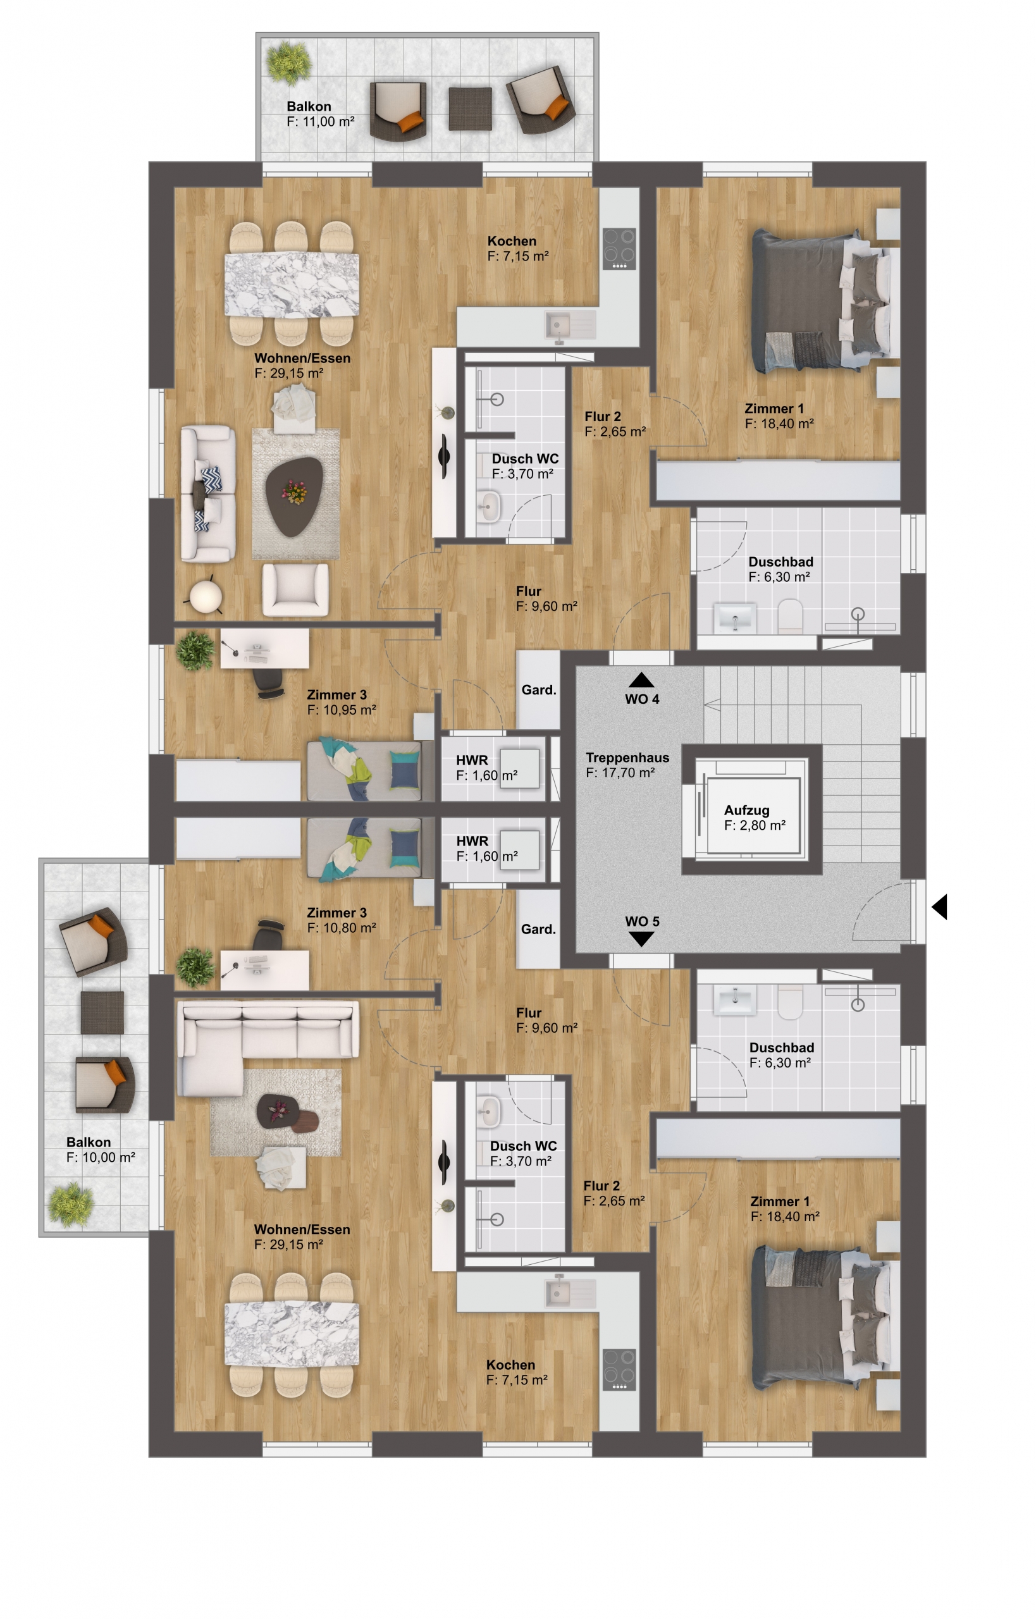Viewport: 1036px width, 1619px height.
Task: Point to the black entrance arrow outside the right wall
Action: [940, 907]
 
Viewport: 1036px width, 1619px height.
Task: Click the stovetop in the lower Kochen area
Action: [619, 1369]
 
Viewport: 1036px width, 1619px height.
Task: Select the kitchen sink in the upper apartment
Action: [570, 326]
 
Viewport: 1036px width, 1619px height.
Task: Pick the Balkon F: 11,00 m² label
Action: [320, 114]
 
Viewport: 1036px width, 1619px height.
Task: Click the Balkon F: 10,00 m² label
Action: [101, 1150]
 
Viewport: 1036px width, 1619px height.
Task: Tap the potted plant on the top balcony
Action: [289, 63]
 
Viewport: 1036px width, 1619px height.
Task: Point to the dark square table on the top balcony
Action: [470, 108]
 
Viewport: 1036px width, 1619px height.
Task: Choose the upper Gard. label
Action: [539, 689]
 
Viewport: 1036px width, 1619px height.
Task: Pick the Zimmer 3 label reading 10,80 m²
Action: [341, 920]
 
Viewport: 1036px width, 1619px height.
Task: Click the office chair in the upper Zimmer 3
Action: [269, 684]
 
